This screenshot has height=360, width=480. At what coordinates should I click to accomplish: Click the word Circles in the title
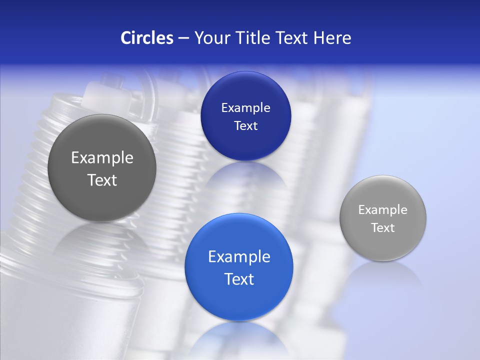[x=146, y=38]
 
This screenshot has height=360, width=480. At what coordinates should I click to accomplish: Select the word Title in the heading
[x=253, y=38]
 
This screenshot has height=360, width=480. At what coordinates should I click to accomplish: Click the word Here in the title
[x=332, y=38]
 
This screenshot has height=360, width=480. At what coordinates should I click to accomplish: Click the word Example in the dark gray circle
[x=102, y=158]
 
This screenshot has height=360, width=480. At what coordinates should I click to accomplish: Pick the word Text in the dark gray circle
[x=102, y=180]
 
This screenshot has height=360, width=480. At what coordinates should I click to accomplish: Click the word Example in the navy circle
[x=245, y=108]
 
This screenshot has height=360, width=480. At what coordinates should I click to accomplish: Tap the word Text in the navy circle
[x=245, y=125]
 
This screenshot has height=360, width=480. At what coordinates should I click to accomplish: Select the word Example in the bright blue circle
[x=239, y=257]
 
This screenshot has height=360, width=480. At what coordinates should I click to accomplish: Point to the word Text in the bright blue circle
[x=239, y=279]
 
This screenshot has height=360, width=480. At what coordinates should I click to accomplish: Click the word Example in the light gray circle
[x=383, y=210]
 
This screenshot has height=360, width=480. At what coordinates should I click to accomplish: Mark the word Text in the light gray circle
[x=383, y=228]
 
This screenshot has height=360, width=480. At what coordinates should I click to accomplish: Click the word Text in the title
[x=293, y=38]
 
